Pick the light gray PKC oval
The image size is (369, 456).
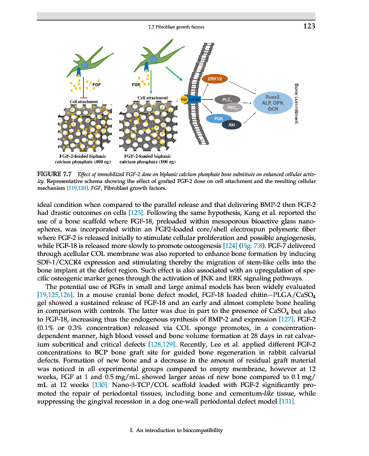coord(232,107)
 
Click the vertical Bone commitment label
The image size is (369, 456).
coord(297,103)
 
